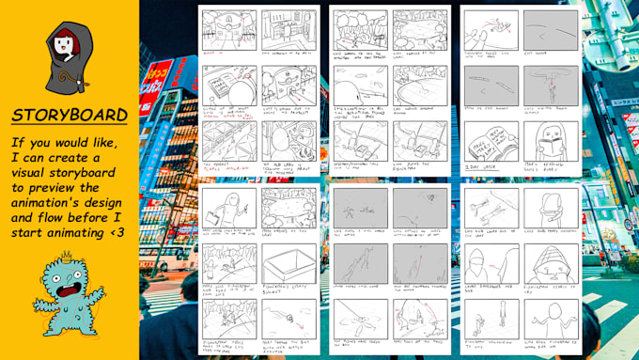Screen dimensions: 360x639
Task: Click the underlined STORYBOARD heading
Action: [70, 115]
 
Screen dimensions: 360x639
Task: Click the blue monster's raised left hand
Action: [23, 280]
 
